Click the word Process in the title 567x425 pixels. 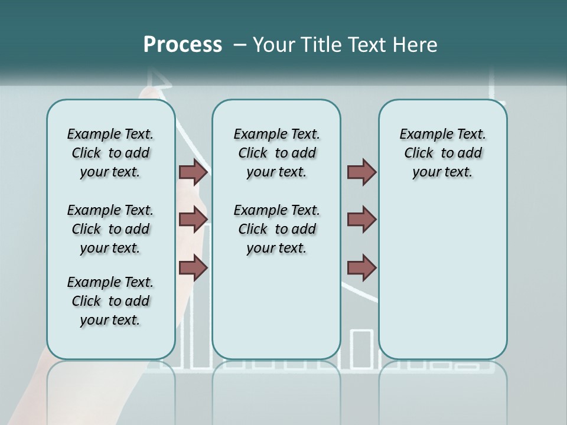click(183, 44)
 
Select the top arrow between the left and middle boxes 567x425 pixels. click(193, 172)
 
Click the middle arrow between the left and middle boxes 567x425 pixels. click(193, 220)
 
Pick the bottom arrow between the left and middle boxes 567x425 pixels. click(193, 268)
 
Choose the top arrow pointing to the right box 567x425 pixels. click(361, 172)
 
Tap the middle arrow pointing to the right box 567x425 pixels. click(361, 220)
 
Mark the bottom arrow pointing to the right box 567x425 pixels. click(361, 268)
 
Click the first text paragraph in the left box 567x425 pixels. click(110, 153)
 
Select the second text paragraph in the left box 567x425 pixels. click(110, 229)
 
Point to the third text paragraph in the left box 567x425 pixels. click(110, 301)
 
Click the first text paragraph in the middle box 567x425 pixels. click(276, 153)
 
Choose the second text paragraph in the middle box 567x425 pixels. click(276, 229)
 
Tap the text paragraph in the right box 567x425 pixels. click(442, 153)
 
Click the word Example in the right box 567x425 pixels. click(422, 135)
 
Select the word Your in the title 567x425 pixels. click(274, 44)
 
